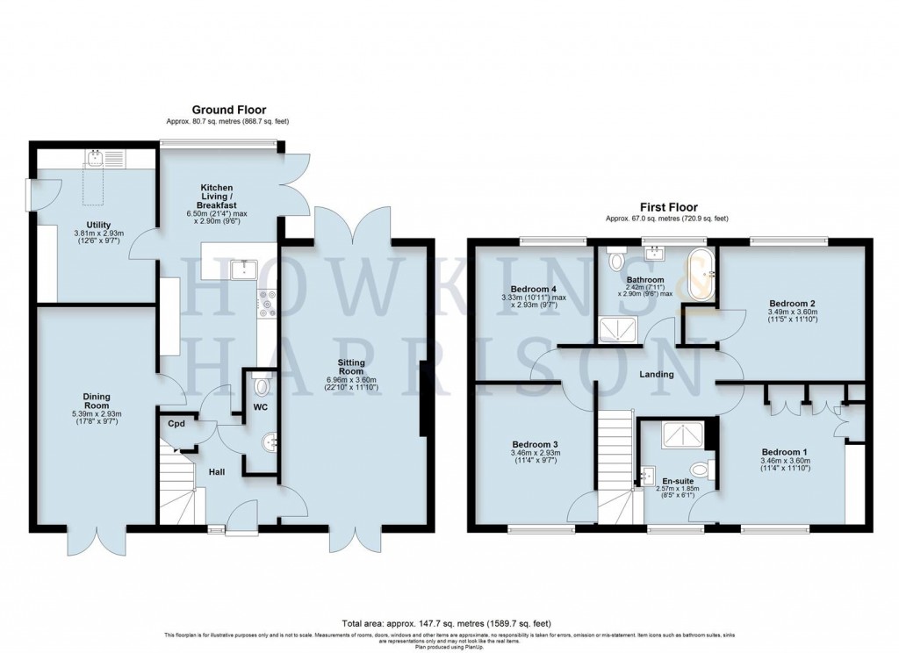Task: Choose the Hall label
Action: [x=217, y=472]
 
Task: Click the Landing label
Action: [x=657, y=375]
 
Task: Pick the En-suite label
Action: [x=677, y=481]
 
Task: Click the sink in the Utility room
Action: [x=95, y=159]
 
